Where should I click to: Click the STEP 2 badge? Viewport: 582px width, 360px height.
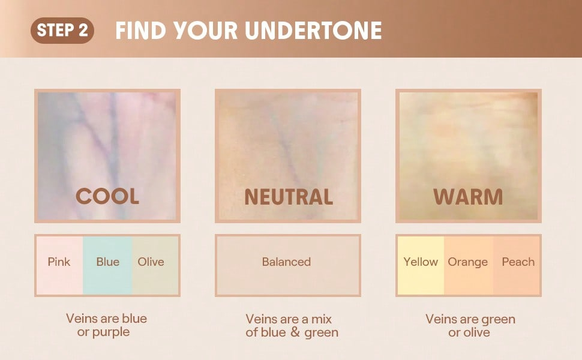(62, 31)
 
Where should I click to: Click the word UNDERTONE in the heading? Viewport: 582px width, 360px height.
(314, 31)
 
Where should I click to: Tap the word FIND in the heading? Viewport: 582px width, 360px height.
(140, 31)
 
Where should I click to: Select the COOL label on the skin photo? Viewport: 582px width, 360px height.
(107, 196)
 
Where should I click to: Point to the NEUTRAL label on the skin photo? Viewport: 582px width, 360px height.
(289, 197)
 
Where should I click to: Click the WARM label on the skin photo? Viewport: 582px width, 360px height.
(468, 197)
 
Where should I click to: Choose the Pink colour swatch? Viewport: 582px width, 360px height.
(59, 265)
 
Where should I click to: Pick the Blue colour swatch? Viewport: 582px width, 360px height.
(107, 265)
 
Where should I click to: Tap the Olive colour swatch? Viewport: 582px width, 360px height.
(155, 265)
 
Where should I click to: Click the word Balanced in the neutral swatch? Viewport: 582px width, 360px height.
(286, 262)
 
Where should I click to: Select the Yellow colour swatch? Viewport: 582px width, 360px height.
(421, 265)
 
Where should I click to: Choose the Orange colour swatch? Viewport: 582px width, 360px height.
(469, 265)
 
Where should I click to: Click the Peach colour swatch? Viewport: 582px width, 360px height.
(517, 265)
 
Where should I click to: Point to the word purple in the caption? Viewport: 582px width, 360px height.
(111, 332)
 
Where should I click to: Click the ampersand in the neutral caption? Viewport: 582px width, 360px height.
(295, 332)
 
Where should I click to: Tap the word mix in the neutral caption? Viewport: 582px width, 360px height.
(322, 319)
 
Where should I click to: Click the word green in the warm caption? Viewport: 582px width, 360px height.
(498, 320)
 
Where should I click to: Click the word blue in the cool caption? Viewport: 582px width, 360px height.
(134, 319)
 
